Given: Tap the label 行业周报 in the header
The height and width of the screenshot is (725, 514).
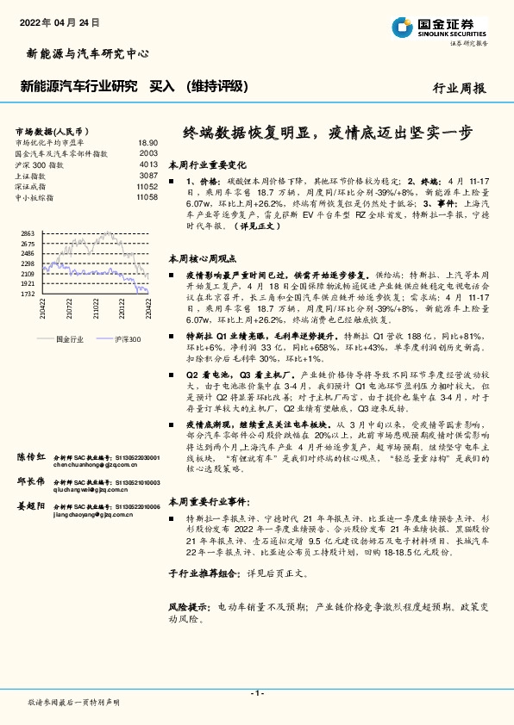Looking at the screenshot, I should (x=459, y=88).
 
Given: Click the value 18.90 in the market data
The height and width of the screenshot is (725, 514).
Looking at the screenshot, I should (x=148, y=143).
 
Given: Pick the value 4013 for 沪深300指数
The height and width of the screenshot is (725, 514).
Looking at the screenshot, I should (x=148, y=164).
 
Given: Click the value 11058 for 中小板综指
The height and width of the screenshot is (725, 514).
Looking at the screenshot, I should (x=147, y=197).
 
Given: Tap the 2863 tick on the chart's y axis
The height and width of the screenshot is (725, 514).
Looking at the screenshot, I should (x=28, y=234).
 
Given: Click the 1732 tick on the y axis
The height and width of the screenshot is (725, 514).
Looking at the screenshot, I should (x=28, y=294).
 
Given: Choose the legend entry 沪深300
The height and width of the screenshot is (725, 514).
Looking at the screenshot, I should (x=126, y=339).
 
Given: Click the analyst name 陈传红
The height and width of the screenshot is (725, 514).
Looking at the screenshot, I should (x=30, y=456).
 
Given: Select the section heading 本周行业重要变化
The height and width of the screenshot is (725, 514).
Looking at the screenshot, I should (x=206, y=164).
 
